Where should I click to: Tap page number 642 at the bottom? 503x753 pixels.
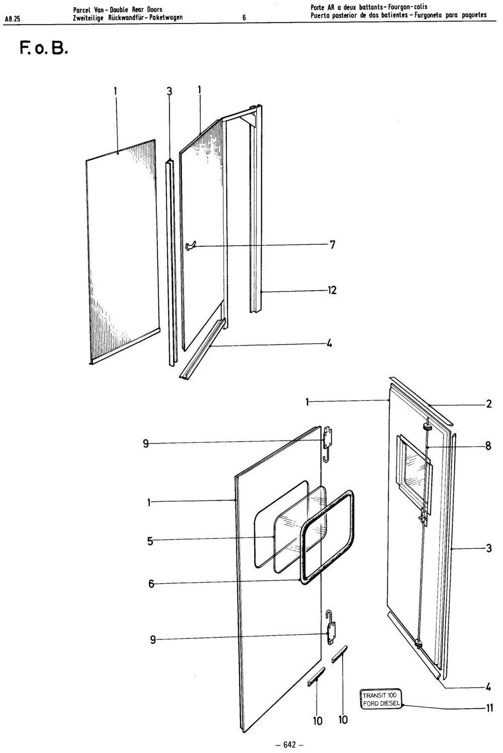[x=289, y=744]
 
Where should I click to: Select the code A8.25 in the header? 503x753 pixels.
[x=13, y=19]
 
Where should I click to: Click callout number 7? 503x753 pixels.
[x=332, y=245]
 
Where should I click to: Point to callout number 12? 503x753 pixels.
[x=332, y=290]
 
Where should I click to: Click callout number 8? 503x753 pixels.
[x=488, y=446]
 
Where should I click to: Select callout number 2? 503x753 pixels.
[x=488, y=404]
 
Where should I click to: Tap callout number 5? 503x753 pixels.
[x=150, y=541]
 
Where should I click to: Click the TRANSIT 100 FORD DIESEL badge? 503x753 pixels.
[x=381, y=699]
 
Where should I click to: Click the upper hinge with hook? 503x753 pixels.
[x=327, y=444]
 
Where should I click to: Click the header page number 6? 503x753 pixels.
[x=244, y=18]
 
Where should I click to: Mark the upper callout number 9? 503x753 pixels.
[x=145, y=444]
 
